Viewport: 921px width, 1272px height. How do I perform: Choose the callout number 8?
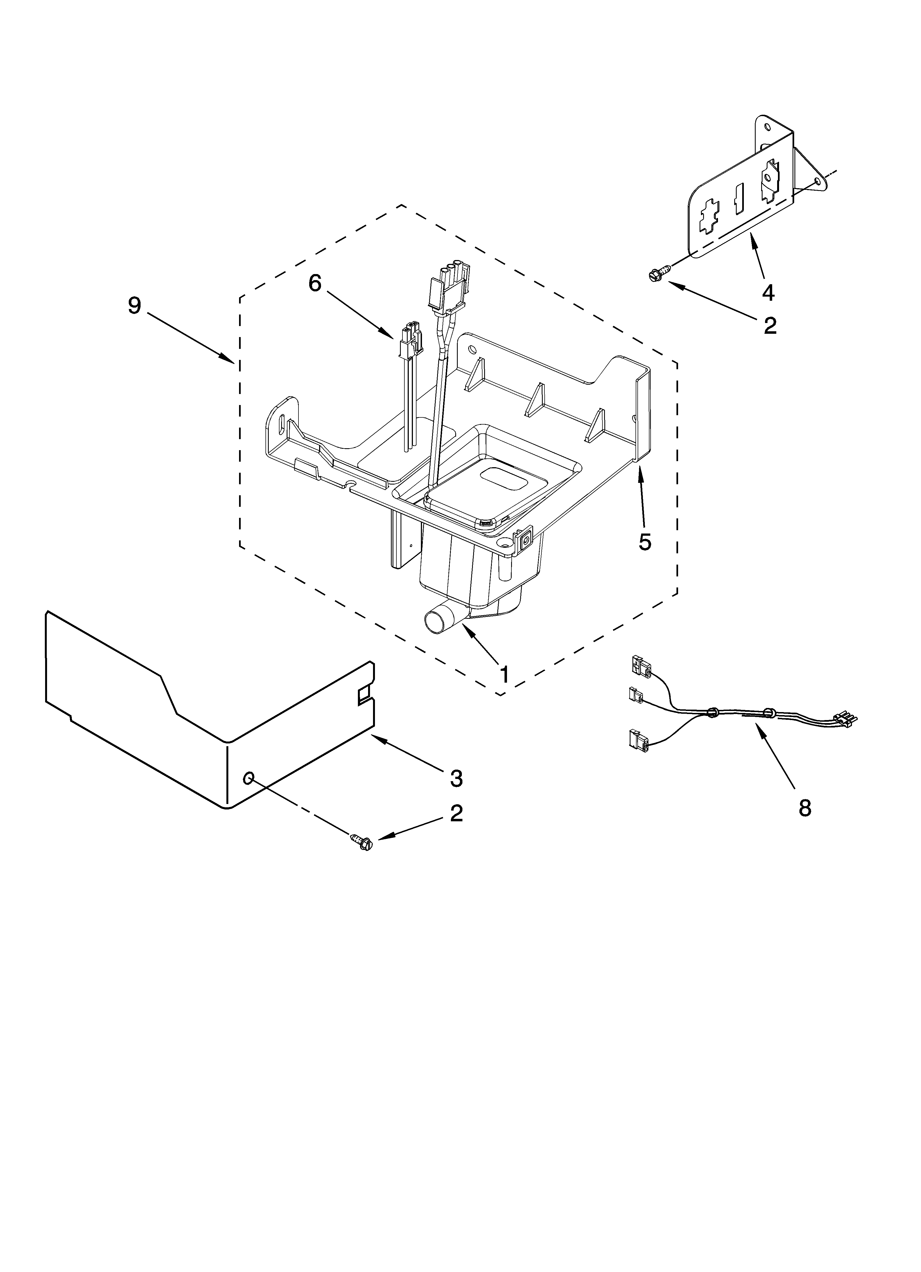click(804, 808)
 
